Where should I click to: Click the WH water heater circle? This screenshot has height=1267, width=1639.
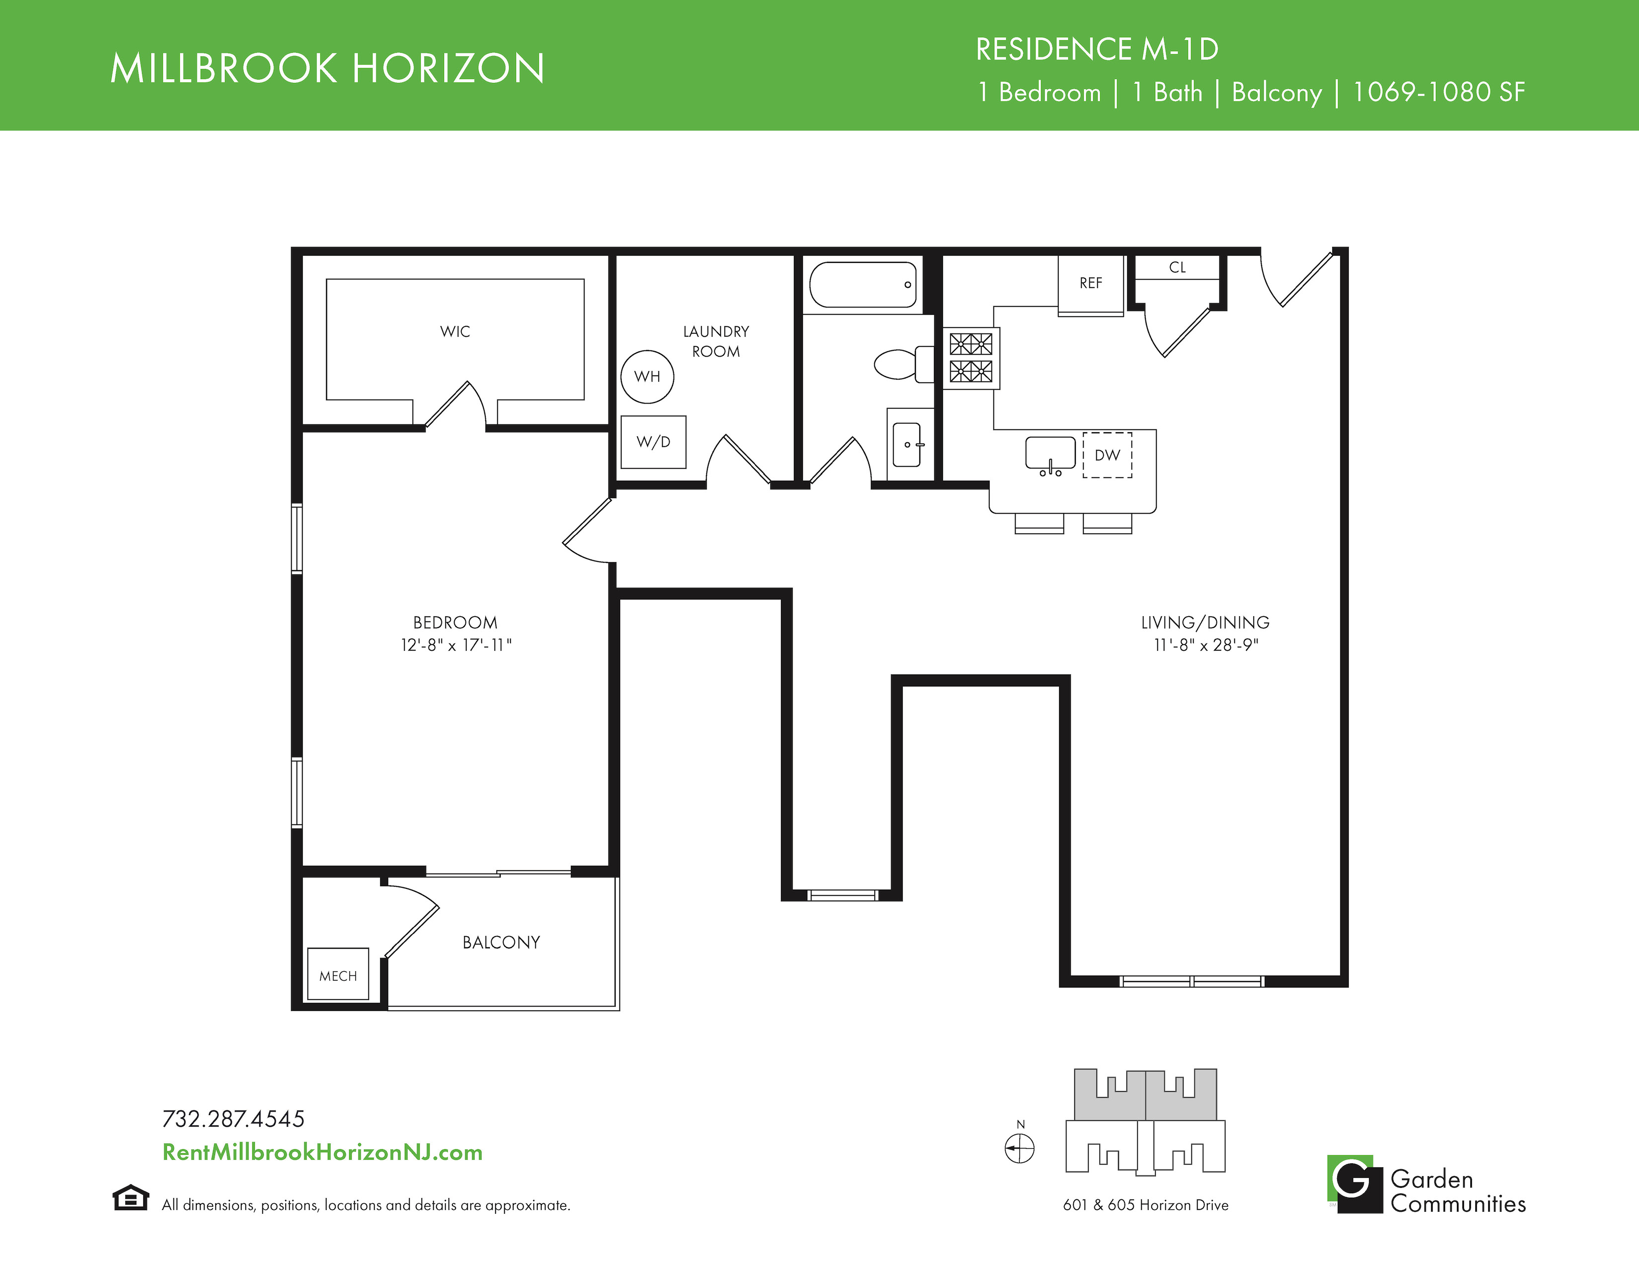647,376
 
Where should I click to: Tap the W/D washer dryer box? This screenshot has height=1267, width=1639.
653,442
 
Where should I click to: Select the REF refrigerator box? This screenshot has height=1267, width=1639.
1090,285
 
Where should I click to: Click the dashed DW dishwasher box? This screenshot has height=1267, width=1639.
1107,455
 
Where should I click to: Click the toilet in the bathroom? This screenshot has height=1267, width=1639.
903,364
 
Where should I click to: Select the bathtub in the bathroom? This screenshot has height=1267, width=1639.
864,285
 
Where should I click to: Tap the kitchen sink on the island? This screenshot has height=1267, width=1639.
1050,455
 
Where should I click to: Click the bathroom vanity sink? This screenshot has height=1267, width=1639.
907,444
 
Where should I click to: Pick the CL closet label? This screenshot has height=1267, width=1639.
1178,267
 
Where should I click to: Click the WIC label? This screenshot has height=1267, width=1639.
455,331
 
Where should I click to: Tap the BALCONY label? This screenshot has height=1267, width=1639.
501,942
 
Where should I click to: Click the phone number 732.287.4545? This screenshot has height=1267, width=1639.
233,1119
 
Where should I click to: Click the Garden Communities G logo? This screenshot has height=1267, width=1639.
1354,1184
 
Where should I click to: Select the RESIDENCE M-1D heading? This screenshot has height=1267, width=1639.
1097,50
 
